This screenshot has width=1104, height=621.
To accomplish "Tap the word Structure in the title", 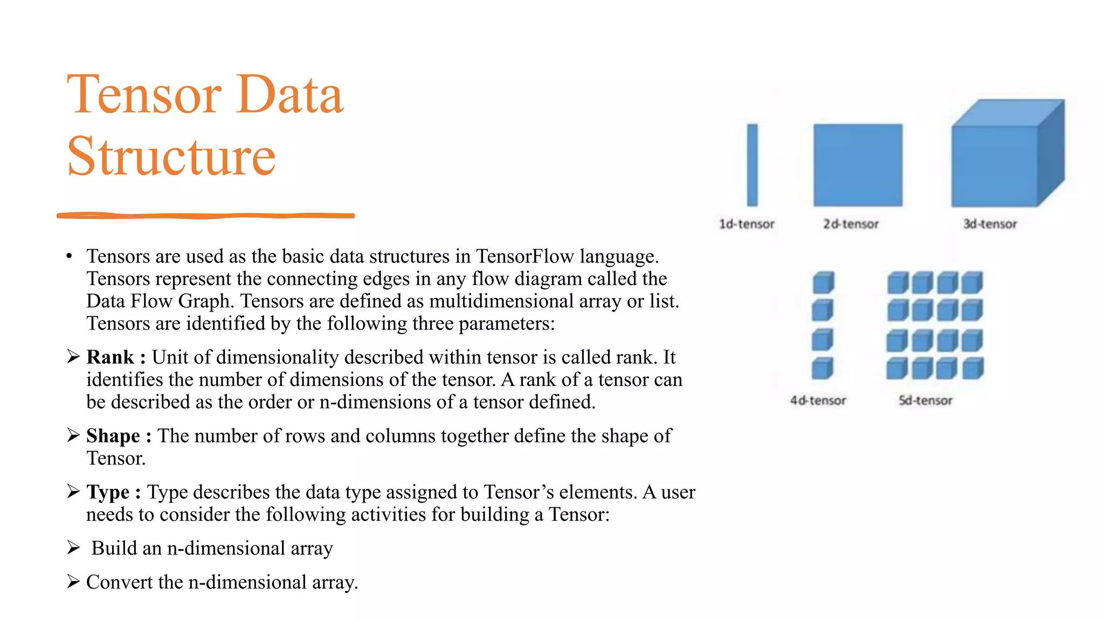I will (171, 156).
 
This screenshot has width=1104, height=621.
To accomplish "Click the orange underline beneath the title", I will (205, 216).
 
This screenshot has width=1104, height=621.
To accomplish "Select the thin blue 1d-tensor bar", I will (752, 165).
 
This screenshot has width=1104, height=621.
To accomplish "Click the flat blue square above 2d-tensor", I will (858, 165).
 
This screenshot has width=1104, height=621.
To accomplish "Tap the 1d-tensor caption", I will (747, 224).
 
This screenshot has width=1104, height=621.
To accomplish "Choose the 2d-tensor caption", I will (851, 224).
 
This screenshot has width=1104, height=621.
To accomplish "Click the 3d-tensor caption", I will (990, 224).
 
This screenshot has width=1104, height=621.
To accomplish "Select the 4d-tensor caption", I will (818, 401).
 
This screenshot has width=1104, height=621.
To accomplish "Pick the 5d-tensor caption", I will (925, 401).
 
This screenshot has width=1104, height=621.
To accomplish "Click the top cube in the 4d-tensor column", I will (823, 282).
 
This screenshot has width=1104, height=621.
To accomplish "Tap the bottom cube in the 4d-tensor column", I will (823, 369).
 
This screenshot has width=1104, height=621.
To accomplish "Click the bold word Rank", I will (110, 357).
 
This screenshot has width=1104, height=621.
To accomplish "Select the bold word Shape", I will (113, 436).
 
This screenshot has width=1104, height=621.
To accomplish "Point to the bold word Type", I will (108, 492).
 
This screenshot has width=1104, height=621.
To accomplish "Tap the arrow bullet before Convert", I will (73, 582).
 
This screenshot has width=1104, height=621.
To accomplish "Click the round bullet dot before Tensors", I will (69, 257).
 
